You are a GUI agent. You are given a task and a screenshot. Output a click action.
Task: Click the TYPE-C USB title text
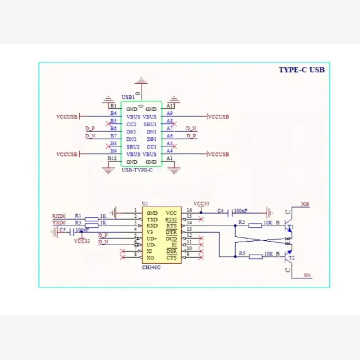tap(301, 70)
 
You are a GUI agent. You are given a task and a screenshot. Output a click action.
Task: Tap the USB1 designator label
tap(128, 97)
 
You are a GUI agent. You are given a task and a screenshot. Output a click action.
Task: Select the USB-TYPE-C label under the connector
tap(137, 170)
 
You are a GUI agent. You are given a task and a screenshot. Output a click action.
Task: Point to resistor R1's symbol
tap(91, 219)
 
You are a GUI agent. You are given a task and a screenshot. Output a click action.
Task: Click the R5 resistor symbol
tap(256, 256)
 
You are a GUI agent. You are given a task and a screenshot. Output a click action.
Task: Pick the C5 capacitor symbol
tap(72, 233)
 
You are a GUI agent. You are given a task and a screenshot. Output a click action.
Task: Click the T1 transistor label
tap(290, 226)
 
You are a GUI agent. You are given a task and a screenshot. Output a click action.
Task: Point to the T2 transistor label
tap(292, 258)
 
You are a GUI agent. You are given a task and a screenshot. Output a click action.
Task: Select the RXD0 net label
tap(59, 216)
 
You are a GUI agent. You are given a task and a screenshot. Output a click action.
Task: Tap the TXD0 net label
tap(59, 222)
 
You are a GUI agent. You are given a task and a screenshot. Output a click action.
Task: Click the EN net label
tap(307, 275)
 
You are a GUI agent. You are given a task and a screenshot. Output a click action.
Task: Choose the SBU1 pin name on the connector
tap(150, 124)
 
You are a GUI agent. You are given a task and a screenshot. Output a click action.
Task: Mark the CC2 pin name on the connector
tap(131, 124)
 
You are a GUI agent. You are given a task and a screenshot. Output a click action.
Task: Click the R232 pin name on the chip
tap(171, 219)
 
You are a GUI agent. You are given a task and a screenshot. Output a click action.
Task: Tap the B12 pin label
tap(112, 158)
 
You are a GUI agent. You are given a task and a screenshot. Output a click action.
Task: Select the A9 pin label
tap(170, 114)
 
